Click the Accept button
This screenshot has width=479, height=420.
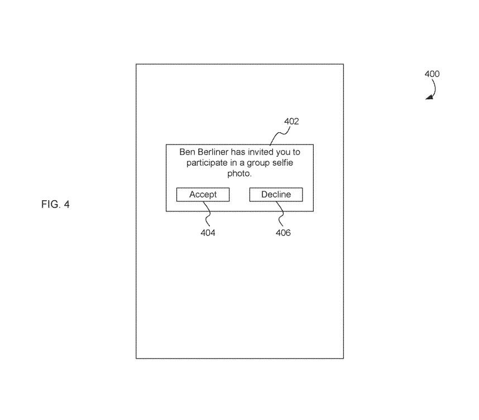click(x=202, y=195)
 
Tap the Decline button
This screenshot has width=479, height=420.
click(x=276, y=195)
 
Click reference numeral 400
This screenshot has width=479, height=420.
click(x=432, y=74)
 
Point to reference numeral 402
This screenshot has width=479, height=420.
click(x=291, y=121)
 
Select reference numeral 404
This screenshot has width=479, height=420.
click(x=208, y=233)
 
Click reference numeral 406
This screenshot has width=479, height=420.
click(x=283, y=233)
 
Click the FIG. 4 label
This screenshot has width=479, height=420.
click(x=55, y=204)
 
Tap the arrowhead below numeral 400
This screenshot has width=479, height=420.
click(x=429, y=98)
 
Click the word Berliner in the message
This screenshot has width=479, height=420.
click(x=212, y=152)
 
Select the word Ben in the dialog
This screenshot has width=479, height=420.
click(x=186, y=152)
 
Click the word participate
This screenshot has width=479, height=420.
click(x=205, y=162)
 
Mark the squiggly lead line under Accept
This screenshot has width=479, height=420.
click(x=206, y=214)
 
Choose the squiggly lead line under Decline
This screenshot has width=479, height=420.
click(x=280, y=214)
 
